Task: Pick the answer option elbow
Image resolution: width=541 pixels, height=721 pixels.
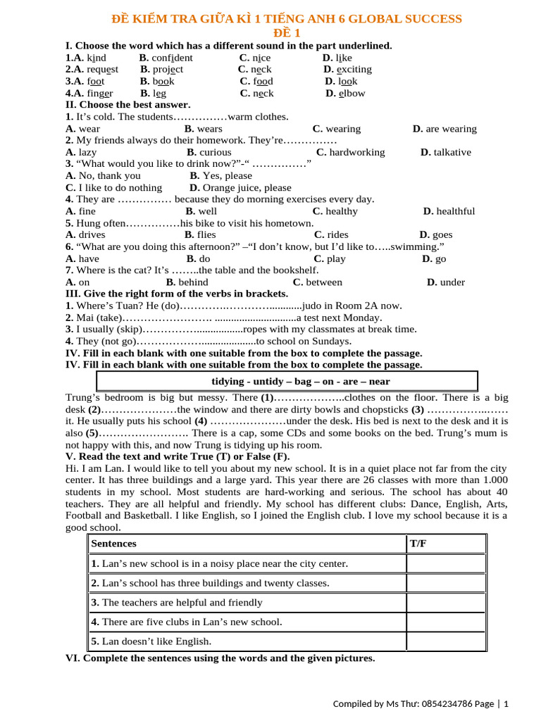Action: [352, 93]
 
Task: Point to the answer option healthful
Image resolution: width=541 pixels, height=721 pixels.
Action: [455, 211]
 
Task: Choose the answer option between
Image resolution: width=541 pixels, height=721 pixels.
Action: [324, 282]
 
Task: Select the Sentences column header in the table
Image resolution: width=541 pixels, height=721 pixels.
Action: [114, 544]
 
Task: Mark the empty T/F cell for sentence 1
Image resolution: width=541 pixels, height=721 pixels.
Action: [446, 564]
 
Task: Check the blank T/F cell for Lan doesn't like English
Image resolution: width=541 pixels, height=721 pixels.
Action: [446, 641]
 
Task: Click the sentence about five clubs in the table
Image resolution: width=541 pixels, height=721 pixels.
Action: [186, 622]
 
